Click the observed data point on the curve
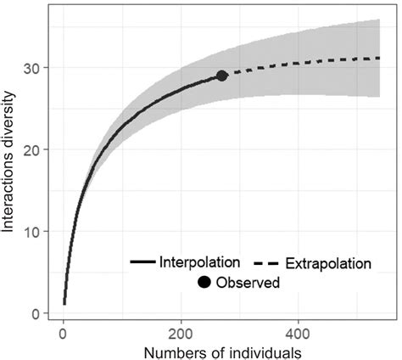pos(222,76)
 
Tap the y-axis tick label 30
pos(40,67)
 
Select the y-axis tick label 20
pos(40,149)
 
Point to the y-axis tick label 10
pos(40,231)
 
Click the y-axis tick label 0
pos(43,313)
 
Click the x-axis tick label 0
pos(64,330)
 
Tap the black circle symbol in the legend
pos(204,282)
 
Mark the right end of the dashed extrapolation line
pos(378,58)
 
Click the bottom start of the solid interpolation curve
pos(64,303)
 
